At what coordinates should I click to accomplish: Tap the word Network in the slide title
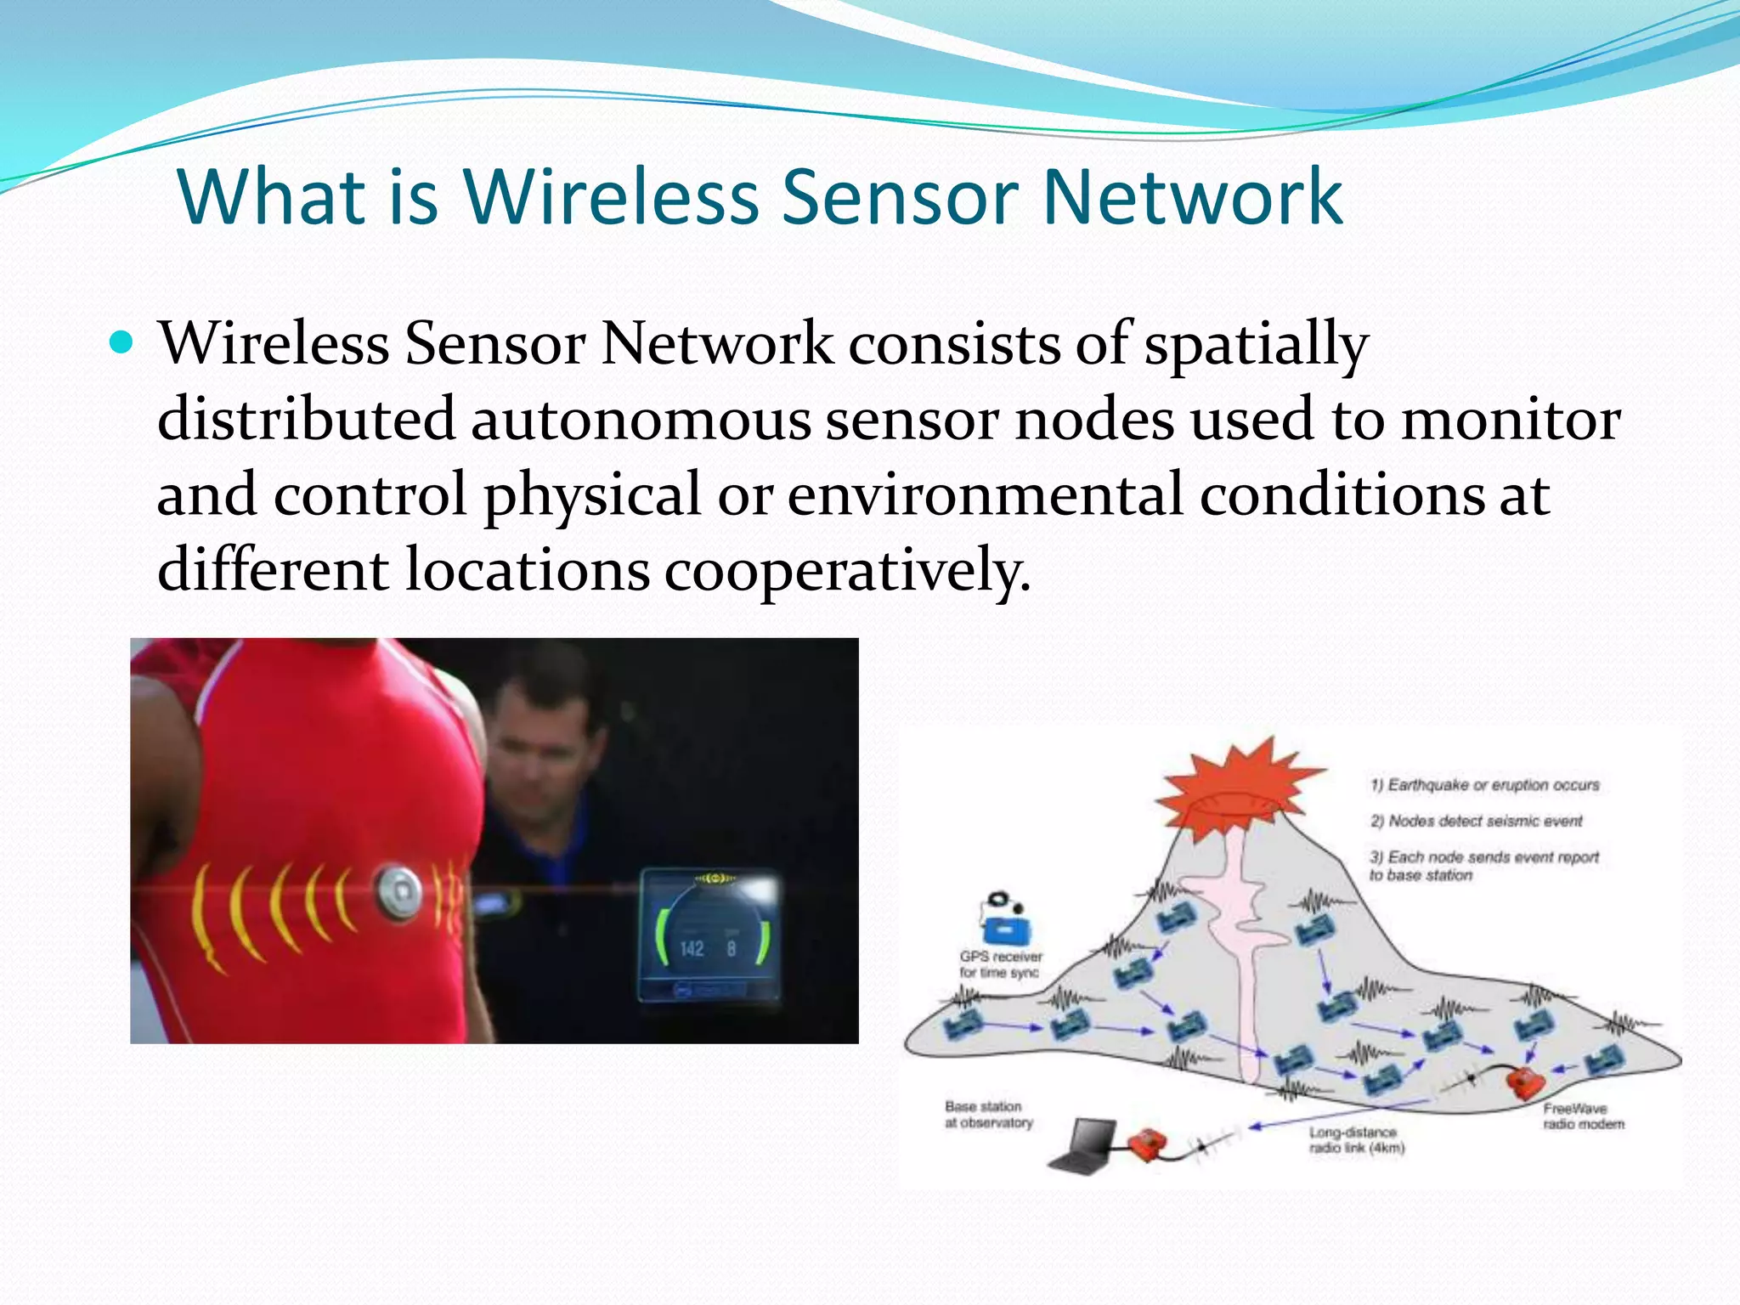(x=1192, y=197)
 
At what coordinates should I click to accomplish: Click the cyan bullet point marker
(x=122, y=342)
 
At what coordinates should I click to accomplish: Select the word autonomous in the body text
(x=641, y=419)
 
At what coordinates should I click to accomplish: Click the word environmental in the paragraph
(x=985, y=494)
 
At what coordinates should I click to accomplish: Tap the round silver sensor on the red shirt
(x=398, y=890)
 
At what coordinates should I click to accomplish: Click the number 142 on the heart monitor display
(x=692, y=948)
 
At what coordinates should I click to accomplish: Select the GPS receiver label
(x=1000, y=964)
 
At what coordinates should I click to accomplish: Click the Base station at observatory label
(x=988, y=1115)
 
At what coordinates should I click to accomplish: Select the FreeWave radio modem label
(x=1583, y=1116)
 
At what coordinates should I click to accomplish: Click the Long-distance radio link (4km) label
(x=1356, y=1140)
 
